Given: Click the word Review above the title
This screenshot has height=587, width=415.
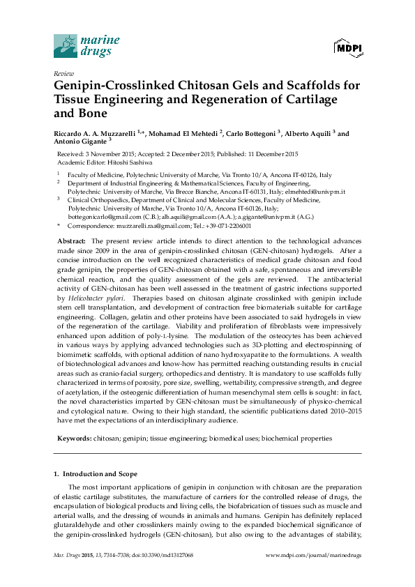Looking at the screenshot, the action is click(x=63, y=73).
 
